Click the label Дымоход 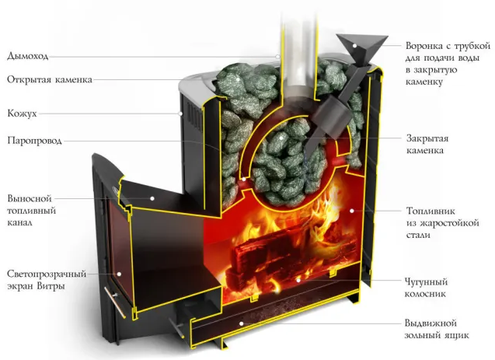(28, 56)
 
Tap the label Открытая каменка (50, 79)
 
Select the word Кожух (22, 114)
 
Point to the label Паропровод (34, 140)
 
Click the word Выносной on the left (30, 198)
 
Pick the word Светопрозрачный (47, 274)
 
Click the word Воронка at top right (424, 46)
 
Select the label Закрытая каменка (427, 145)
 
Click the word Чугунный (426, 281)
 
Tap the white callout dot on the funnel (355, 46)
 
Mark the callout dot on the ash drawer (241, 323)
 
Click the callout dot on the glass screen (119, 274)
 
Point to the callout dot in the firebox (352, 210)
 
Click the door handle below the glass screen (116, 302)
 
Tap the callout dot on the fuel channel (152, 198)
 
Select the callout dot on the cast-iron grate (298, 280)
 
